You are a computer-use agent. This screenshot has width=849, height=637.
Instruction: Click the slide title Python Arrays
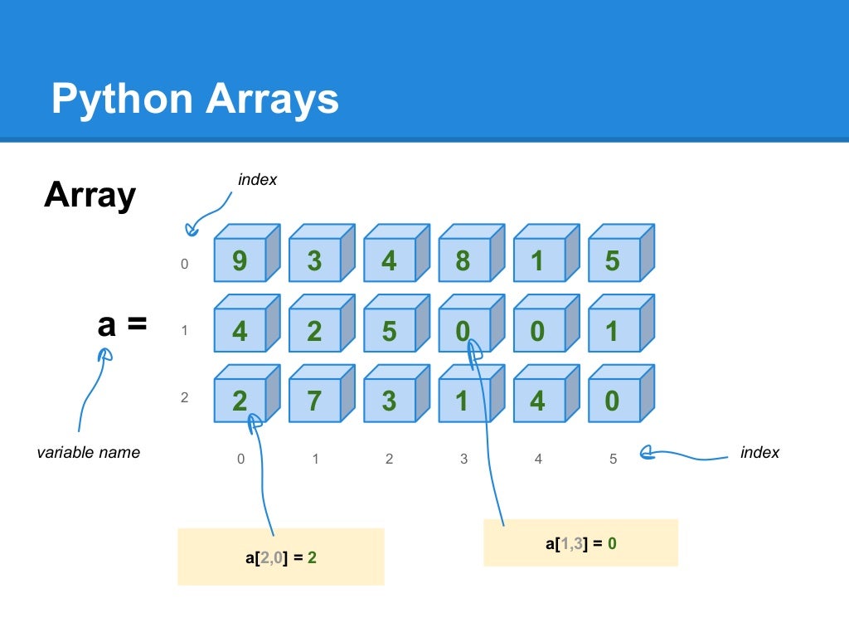(x=195, y=99)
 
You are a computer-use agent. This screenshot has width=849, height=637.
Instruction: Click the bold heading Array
(x=90, y=196)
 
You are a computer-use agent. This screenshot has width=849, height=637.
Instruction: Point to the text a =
(x=122, y=324)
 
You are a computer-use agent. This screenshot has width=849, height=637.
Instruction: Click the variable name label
(x=89, y=453)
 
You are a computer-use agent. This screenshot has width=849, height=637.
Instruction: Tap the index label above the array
(x=257, y=180)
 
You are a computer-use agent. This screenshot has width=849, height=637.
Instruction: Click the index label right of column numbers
(x=759, y=453)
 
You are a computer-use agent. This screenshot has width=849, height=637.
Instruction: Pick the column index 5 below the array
(x=613, y=459)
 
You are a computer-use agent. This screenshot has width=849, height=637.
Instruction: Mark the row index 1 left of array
(x=185, y=331)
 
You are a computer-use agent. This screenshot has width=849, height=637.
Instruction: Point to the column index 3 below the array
(x=463, y=459)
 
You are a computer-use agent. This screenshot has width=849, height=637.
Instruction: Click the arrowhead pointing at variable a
(x=104, y=356)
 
